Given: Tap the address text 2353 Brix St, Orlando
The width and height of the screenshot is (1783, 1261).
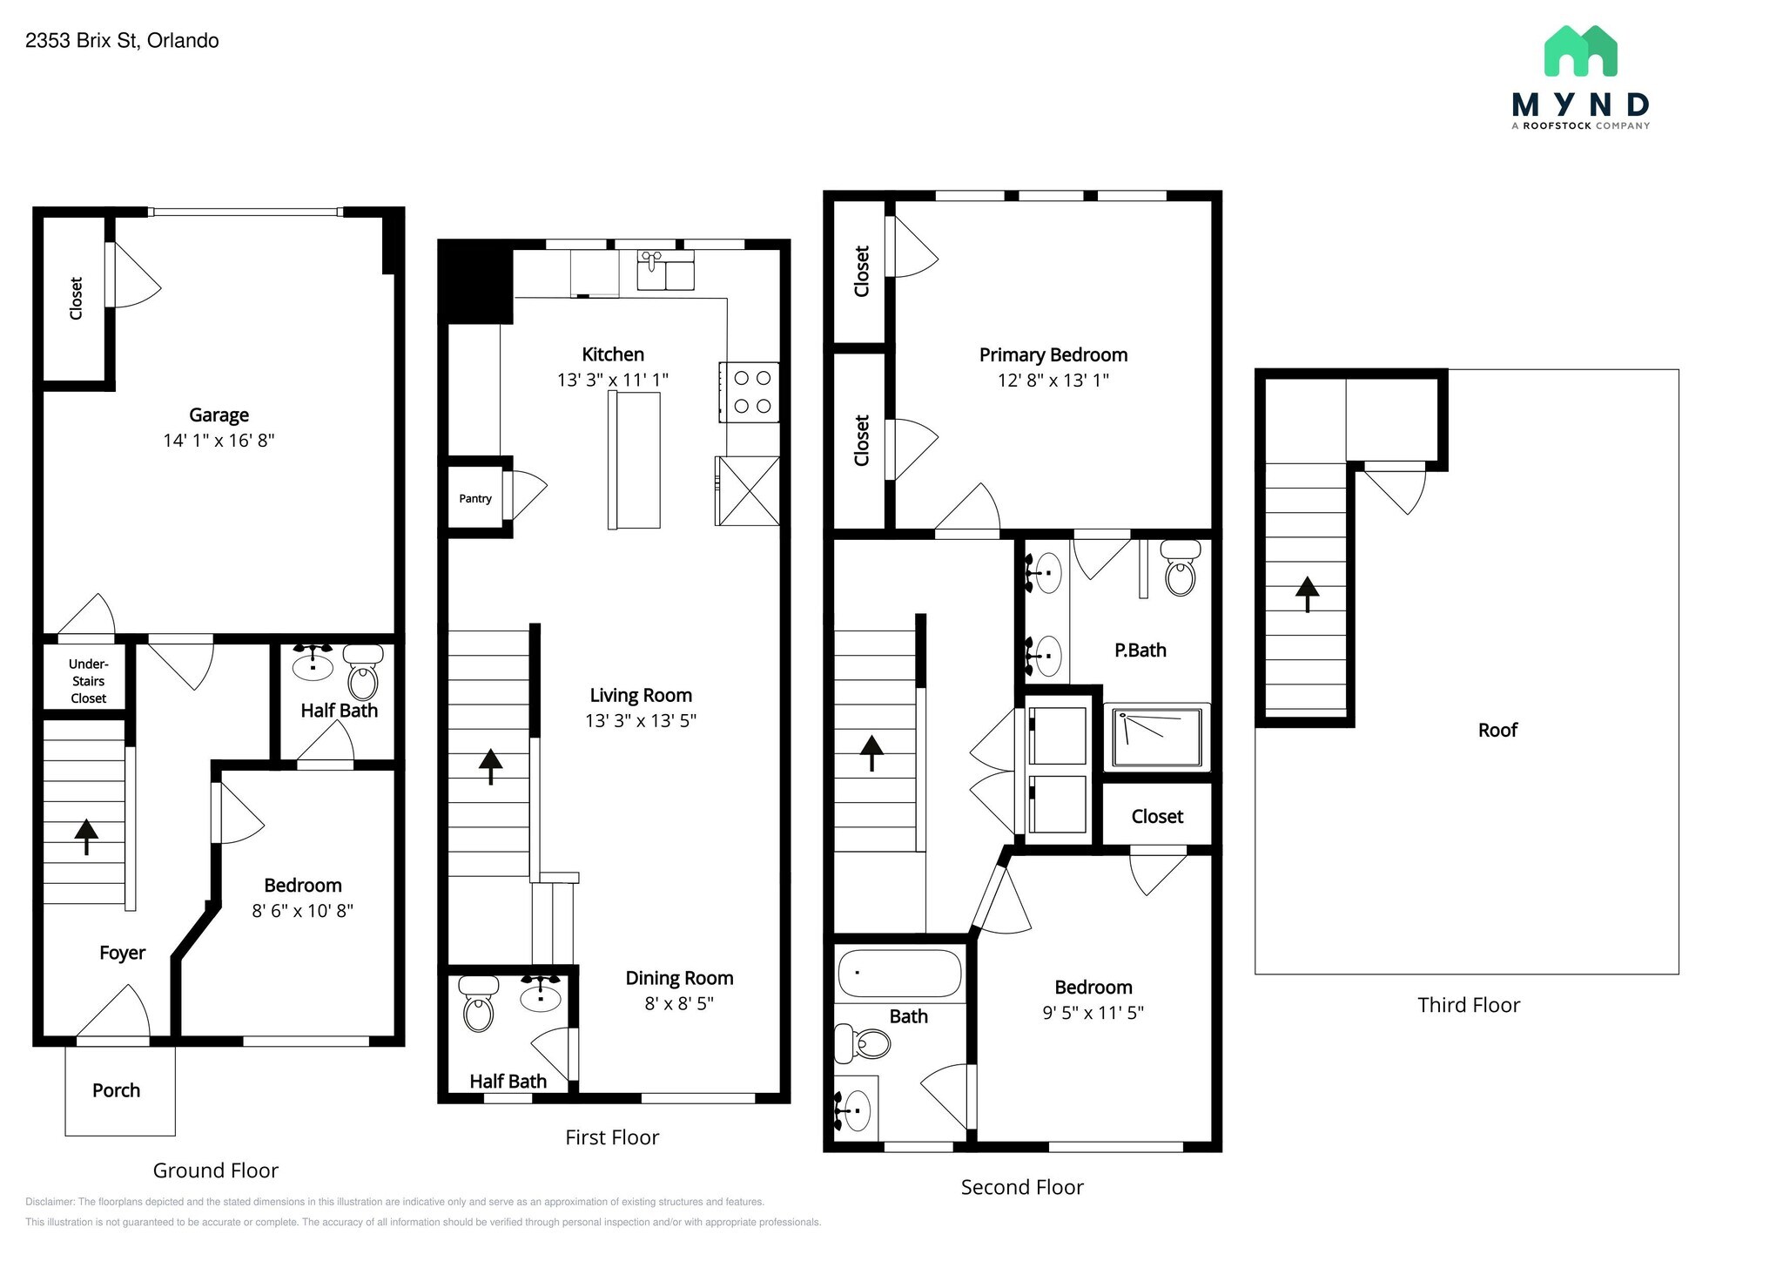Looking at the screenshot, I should [x=122, y=41].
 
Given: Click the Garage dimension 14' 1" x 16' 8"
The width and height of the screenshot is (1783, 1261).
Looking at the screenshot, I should [x=219, y=441].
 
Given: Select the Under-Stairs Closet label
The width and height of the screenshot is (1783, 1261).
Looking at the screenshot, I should [x=88, y=681].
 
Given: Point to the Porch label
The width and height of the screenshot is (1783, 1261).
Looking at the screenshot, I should [x=116, y=1090].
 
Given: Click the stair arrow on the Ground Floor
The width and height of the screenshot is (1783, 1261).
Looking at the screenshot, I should [x=86, y=836].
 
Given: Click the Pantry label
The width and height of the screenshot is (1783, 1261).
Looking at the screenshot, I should [x=475, y=499].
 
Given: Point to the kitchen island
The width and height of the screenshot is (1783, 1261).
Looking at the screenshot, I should [x=634, y=460].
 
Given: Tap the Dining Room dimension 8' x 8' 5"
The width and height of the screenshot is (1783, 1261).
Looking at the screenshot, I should [x=679, y=1003].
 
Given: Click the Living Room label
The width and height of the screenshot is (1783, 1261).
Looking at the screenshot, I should [x=641, y=695].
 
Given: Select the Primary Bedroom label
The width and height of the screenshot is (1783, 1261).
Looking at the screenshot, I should [x=1053, y=354].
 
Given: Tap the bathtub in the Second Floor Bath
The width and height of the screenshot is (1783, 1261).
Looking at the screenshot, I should [x=899, y=973].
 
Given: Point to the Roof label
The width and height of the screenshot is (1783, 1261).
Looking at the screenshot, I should [x=1497, y=730].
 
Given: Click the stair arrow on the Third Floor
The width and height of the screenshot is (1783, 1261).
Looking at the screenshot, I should [x=1307, y=594].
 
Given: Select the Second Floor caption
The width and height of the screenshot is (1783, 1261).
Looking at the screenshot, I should [x=1022, y=1187].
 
